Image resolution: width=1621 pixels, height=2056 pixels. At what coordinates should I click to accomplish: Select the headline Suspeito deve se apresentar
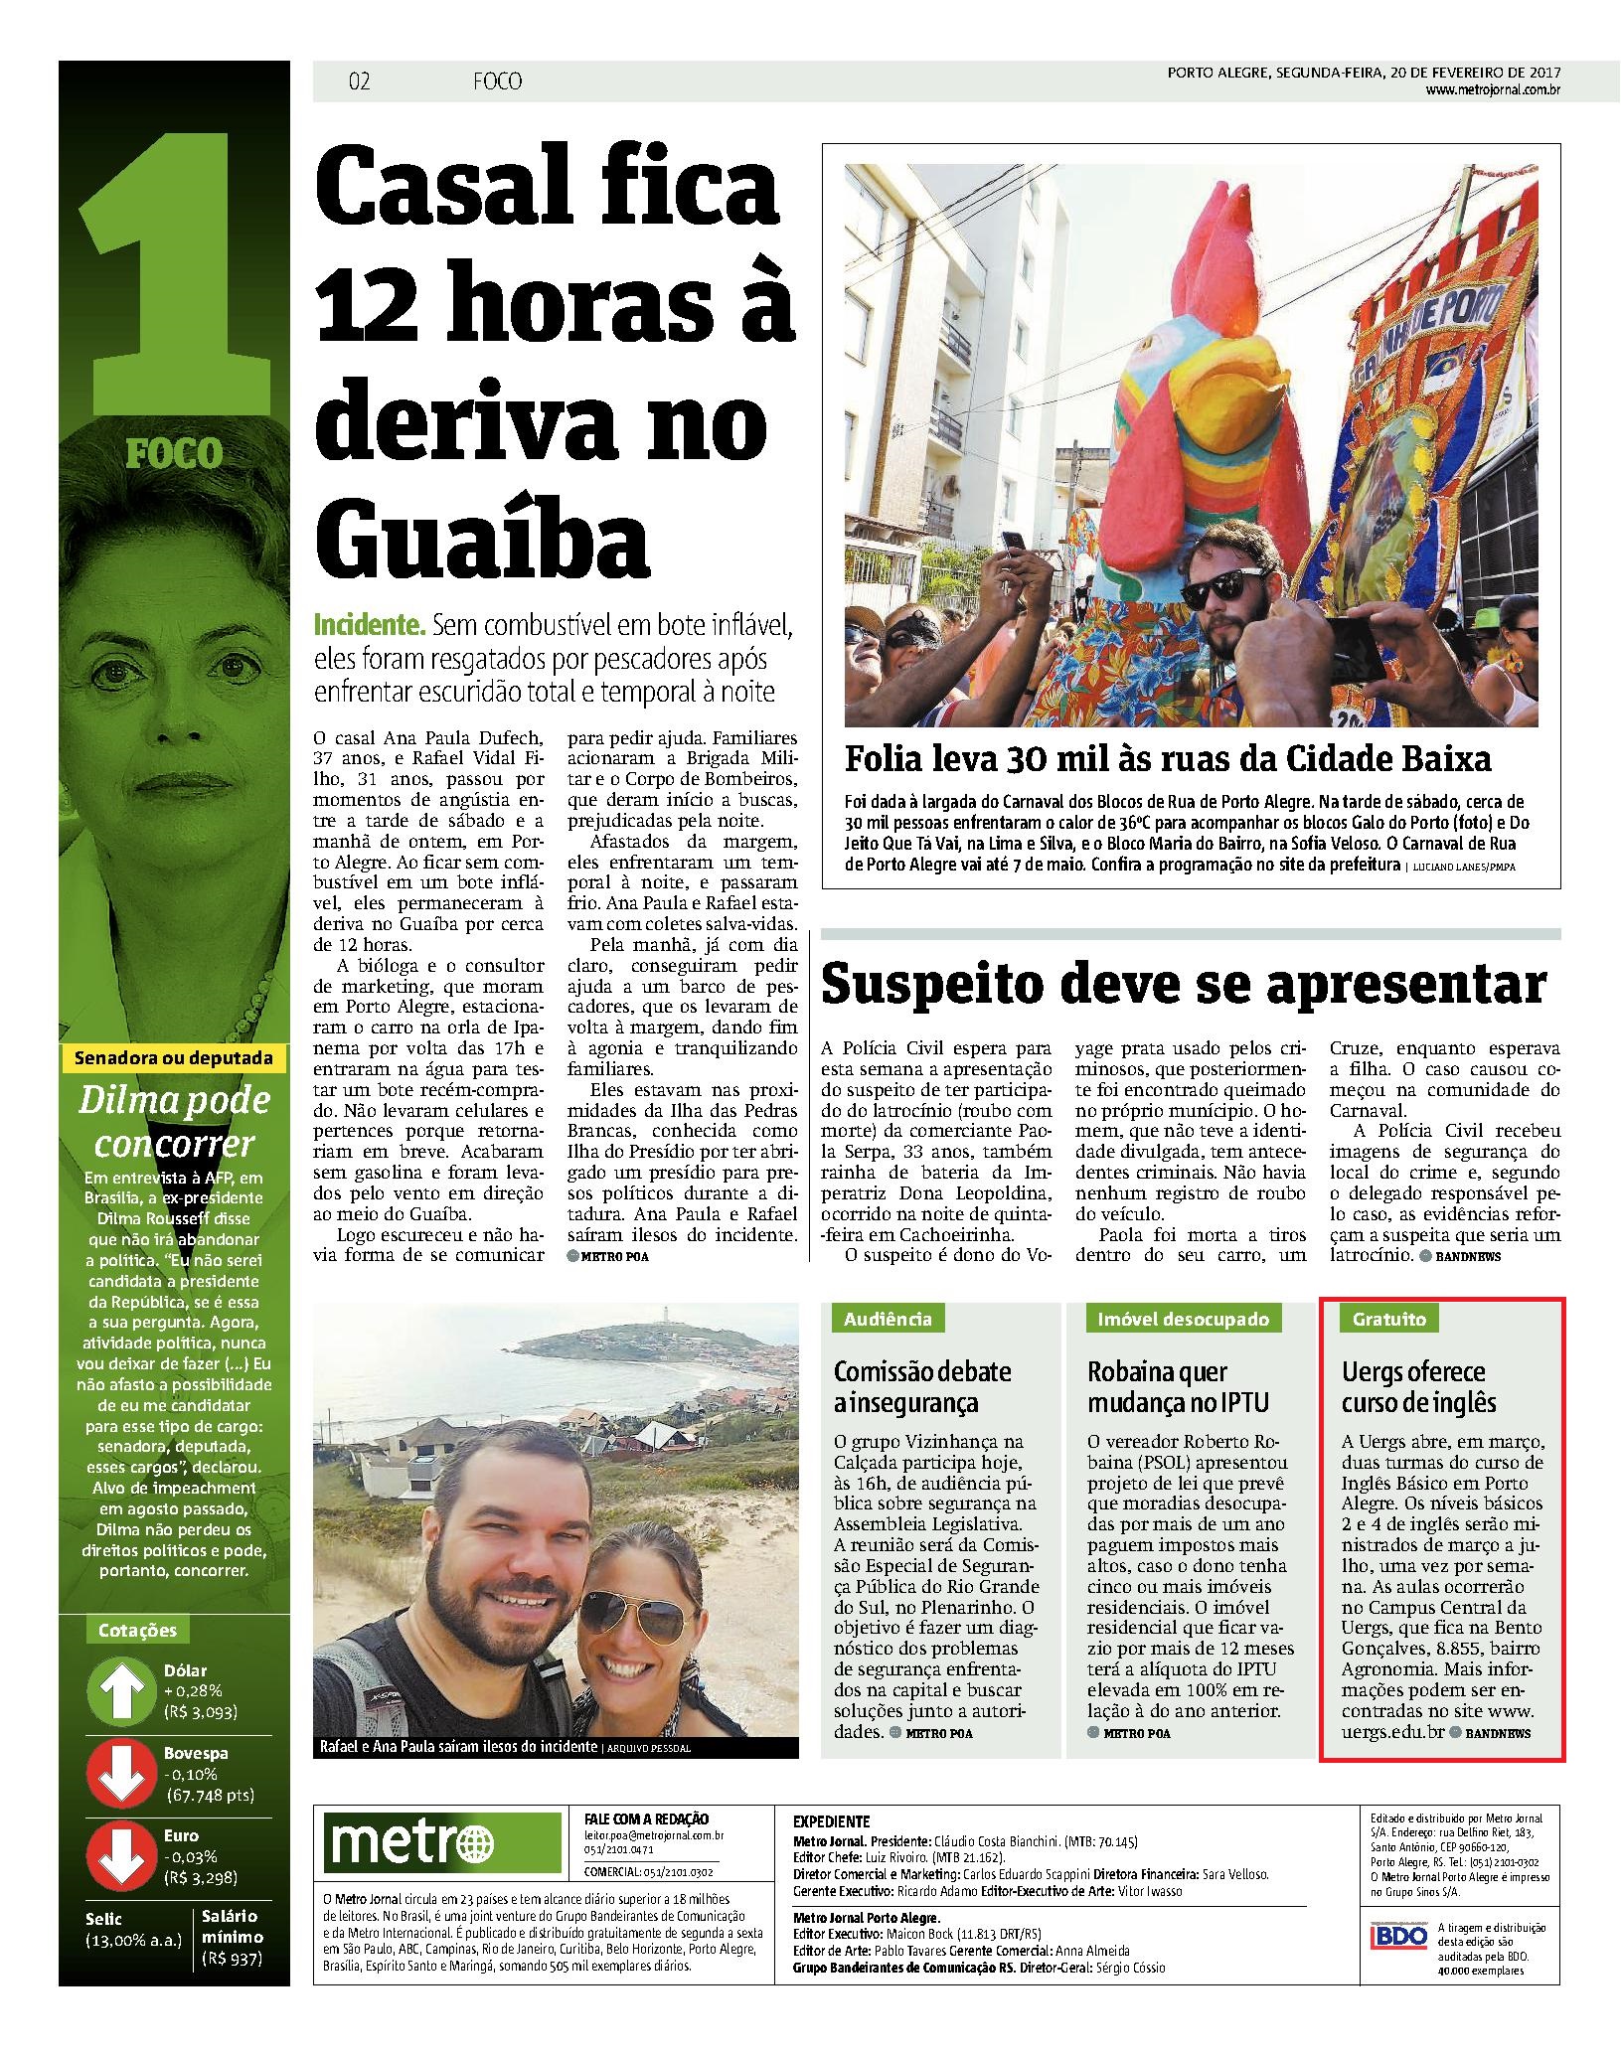coord(1184,985)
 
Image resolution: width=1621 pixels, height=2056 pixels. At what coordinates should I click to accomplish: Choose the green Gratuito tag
coord(1388,1319)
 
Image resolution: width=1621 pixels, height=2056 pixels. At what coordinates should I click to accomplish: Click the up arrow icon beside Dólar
coord(120,1690)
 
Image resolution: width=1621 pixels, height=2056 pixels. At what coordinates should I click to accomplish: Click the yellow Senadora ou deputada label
coord(174,1058)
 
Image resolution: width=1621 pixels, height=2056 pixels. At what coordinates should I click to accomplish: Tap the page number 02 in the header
coord(360,81)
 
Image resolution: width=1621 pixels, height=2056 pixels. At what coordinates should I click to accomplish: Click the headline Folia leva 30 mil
coord(1168,760)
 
